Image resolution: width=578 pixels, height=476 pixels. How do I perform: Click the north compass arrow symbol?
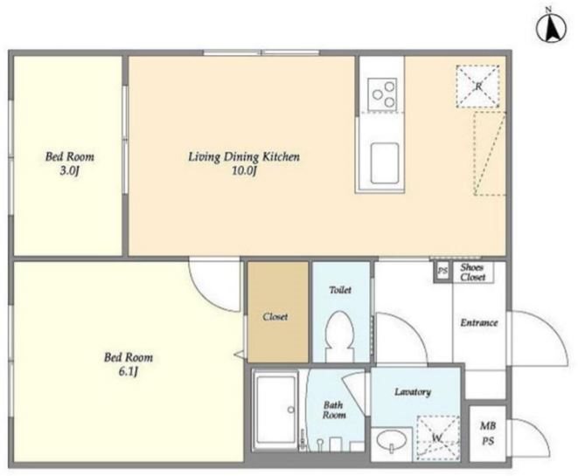pyautogui.click(x=552, y=28)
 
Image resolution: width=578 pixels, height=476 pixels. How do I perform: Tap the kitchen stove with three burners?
pyautogui.click(x=382, y=93)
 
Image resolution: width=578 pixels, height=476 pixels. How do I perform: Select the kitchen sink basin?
pyautogui.click(x=385, y=163)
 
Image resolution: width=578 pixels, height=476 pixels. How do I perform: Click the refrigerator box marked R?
pyautogui.click(x=477, y=86)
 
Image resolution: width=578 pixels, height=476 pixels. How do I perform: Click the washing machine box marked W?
pyautogui.click(x=438, y=438)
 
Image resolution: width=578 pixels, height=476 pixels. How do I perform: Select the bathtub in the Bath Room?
pyautogui.click(x=276, y=410)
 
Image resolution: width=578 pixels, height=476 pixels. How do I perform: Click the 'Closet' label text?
pyautogui.click(x=275, y=316)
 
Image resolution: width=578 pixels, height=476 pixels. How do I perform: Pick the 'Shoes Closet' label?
pyautogui.click(x=472, y=272)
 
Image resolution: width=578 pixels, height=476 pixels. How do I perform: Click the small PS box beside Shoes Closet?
pyautogui.click(x=442, y=272)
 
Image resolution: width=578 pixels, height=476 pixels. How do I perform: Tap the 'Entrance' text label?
pyautogui.click(x=479, y=323)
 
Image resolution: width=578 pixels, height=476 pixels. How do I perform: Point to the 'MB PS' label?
pyautogui.click(x=488, y=433)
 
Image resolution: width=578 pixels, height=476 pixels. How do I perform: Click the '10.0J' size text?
pyautogui.click(x=244, y=171)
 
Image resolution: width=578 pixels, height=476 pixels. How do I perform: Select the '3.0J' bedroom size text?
pyautogui.click(x=70, y=171)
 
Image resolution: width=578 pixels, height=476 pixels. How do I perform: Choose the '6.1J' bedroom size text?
pyautogui.click(x=129, y=372)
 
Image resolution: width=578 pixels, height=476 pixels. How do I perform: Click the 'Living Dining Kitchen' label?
pyautogui.click(x=244, y=157)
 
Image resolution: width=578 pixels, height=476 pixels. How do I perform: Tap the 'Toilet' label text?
pyautogui.click(x=340, y=290)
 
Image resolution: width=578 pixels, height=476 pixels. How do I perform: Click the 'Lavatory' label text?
pyautogui.click(x=413, y=391)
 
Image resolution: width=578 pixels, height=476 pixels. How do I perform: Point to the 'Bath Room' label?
pyautogui.click(x=334, y=410)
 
